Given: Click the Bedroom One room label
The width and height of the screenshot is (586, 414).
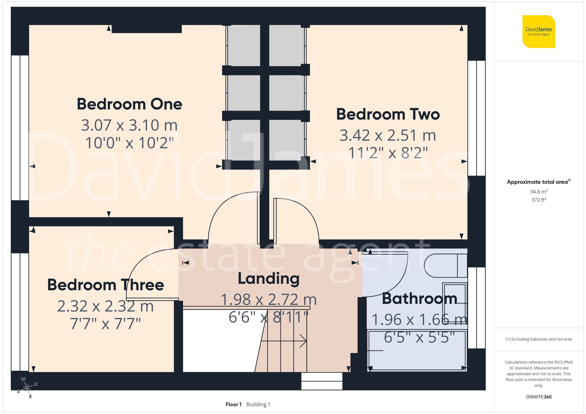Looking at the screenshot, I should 129,104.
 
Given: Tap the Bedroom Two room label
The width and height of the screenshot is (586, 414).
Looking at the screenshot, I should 388,114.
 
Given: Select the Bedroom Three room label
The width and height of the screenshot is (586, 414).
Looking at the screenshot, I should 105,285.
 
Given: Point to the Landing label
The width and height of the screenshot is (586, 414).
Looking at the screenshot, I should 268,278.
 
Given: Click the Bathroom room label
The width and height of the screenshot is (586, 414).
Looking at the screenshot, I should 419,299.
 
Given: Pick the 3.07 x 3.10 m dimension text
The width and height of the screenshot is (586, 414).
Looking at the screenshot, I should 129,125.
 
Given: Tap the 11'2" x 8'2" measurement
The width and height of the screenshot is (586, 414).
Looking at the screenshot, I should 388,153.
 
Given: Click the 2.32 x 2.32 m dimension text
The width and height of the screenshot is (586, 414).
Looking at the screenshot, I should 105,306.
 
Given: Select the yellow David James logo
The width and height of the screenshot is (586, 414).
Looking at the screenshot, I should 539,32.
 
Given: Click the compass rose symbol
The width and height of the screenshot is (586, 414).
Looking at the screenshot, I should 27,387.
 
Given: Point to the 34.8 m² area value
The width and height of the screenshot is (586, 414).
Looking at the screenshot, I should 539,192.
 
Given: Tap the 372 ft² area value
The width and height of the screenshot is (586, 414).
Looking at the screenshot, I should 539,200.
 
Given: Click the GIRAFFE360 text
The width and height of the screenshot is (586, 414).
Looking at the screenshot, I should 539,397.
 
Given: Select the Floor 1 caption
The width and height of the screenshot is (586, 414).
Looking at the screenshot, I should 234,404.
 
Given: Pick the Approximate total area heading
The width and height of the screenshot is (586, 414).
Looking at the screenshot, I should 539,182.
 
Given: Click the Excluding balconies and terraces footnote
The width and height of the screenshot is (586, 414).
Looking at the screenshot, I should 539,339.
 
